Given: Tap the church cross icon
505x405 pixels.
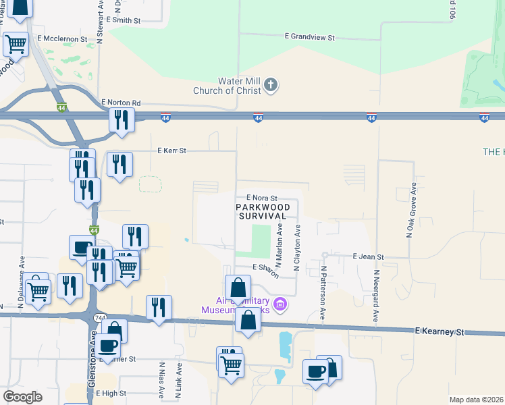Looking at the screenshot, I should pos(271,85).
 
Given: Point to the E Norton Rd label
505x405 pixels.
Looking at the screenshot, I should pos(121,103).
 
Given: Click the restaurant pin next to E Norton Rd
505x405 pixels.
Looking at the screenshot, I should pos(122,119).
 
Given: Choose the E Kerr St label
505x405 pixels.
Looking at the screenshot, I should pos(171,151).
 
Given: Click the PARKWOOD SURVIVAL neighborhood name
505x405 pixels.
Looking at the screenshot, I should pos(263,211).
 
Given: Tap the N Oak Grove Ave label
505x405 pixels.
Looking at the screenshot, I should pos(409,210).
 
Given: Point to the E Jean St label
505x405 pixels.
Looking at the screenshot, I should pos(368,257).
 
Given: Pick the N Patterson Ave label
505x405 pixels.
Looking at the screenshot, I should pos(323,292).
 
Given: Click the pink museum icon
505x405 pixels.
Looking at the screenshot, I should pos(281,305).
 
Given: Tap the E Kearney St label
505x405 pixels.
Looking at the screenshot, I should pos(440,332).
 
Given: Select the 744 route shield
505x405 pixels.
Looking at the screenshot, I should pos(100,317).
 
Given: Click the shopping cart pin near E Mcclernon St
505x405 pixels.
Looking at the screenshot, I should pos(16,44).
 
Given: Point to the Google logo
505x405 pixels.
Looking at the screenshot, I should pos(22,397).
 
